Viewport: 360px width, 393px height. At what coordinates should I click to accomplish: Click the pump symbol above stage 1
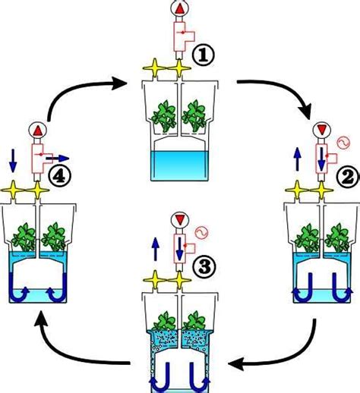pyautogui.click(x=181, y=10)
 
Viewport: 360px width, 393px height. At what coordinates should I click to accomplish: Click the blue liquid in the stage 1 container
pyautogui.click(x=181, y=166)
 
